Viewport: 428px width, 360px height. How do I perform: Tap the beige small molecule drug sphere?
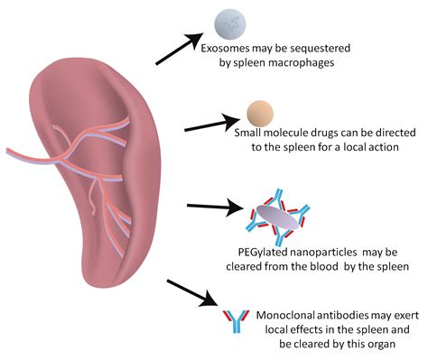[x=260, y=113]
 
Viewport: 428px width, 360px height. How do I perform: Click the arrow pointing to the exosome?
[x=180, y=50]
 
